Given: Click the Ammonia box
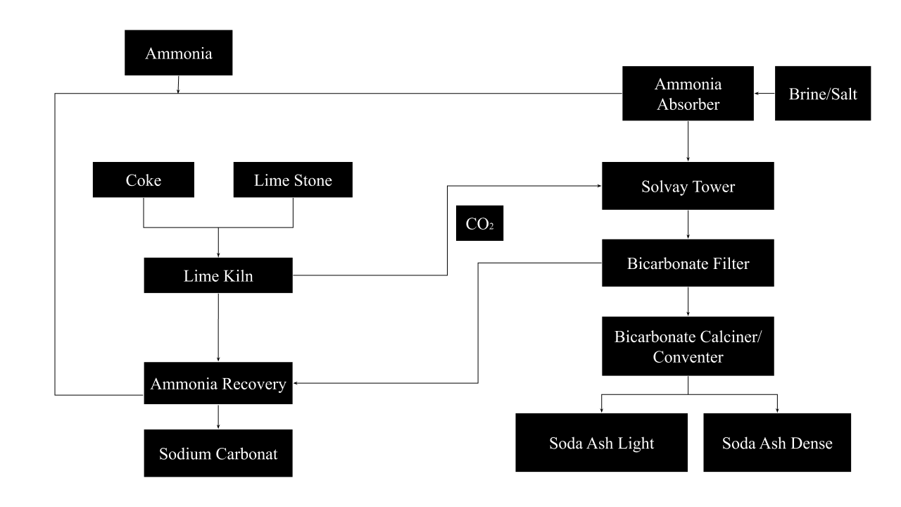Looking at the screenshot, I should pyautogui.click(x=179, y=53).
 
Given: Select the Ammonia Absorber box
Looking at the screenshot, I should pyautogui.click(x=688, y=94).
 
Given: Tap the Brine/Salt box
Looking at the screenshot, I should pyautogui.click(x=822, y=94).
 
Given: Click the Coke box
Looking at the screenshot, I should pyautogui.click(x=144, y=180).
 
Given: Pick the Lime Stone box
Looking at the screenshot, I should pyautogui.click(x=293, y=180).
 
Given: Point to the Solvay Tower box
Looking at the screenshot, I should pyautogui.click(x=688, y=186).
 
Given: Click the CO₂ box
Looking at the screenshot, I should pyautogui.click(x=479, y=223).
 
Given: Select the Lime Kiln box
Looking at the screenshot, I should pyautogui.click(x=218, y=275).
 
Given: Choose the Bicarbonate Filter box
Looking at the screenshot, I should pyautogui.click(x=688, y=263).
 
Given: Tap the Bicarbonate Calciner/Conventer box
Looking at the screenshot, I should pyautogui.click(x=688, y=346).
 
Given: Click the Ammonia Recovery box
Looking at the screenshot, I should pyautogui.click(x=218, y=383).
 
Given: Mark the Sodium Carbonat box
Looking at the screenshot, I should pyautogui.click(x=218, y=453).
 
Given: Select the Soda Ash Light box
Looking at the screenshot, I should pyautogui.click(x=601, y=442).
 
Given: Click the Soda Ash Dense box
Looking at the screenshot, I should pyautogui.click(x=777, y=442).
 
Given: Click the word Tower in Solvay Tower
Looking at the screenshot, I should pyautogui.click(x=712, y=187).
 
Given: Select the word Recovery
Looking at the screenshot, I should pyautogui.click(x=253, y=384).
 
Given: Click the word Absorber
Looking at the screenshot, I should pyautogui.click(x=688, y=104).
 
